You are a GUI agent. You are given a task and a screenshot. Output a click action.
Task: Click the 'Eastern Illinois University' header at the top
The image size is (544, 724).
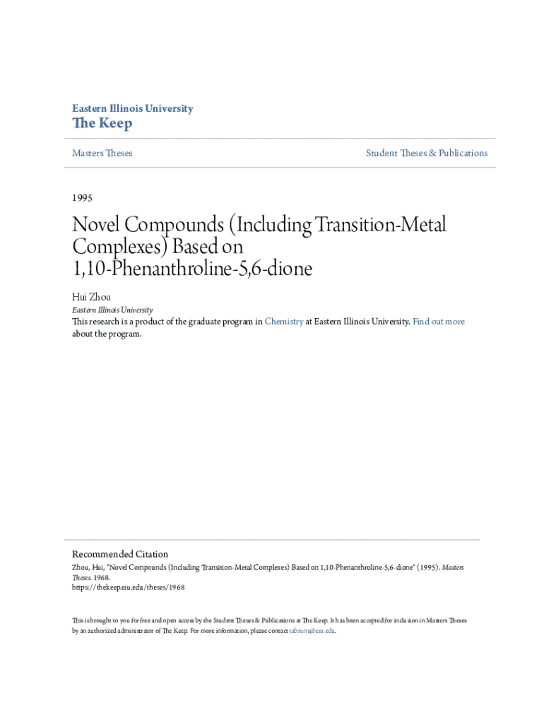click(x=132, y=109)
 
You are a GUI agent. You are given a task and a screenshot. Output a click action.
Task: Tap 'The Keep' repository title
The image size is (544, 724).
click(x=102, y=124)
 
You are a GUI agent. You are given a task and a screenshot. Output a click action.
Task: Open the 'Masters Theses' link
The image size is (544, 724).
click(x=102, y=153)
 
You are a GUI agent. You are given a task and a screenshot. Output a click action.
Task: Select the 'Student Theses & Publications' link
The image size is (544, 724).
click(x=426, y=153)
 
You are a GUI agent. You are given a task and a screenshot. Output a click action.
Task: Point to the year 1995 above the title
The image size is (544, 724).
click(x=82, y=197)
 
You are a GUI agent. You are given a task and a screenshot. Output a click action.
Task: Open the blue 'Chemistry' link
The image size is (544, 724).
click(x=284, y=322)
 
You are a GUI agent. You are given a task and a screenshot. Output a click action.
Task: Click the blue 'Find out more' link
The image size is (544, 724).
click(x=438, y=322)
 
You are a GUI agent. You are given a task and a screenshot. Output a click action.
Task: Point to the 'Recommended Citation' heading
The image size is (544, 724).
click(x=120, y=554)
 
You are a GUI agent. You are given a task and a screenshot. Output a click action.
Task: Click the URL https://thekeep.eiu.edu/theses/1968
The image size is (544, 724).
click(x=128, y=587)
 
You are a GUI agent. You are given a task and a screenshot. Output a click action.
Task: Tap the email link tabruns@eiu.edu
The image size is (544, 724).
click(x=312, y=630)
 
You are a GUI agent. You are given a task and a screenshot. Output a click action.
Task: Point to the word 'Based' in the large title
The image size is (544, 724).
click(x=198, y=248)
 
